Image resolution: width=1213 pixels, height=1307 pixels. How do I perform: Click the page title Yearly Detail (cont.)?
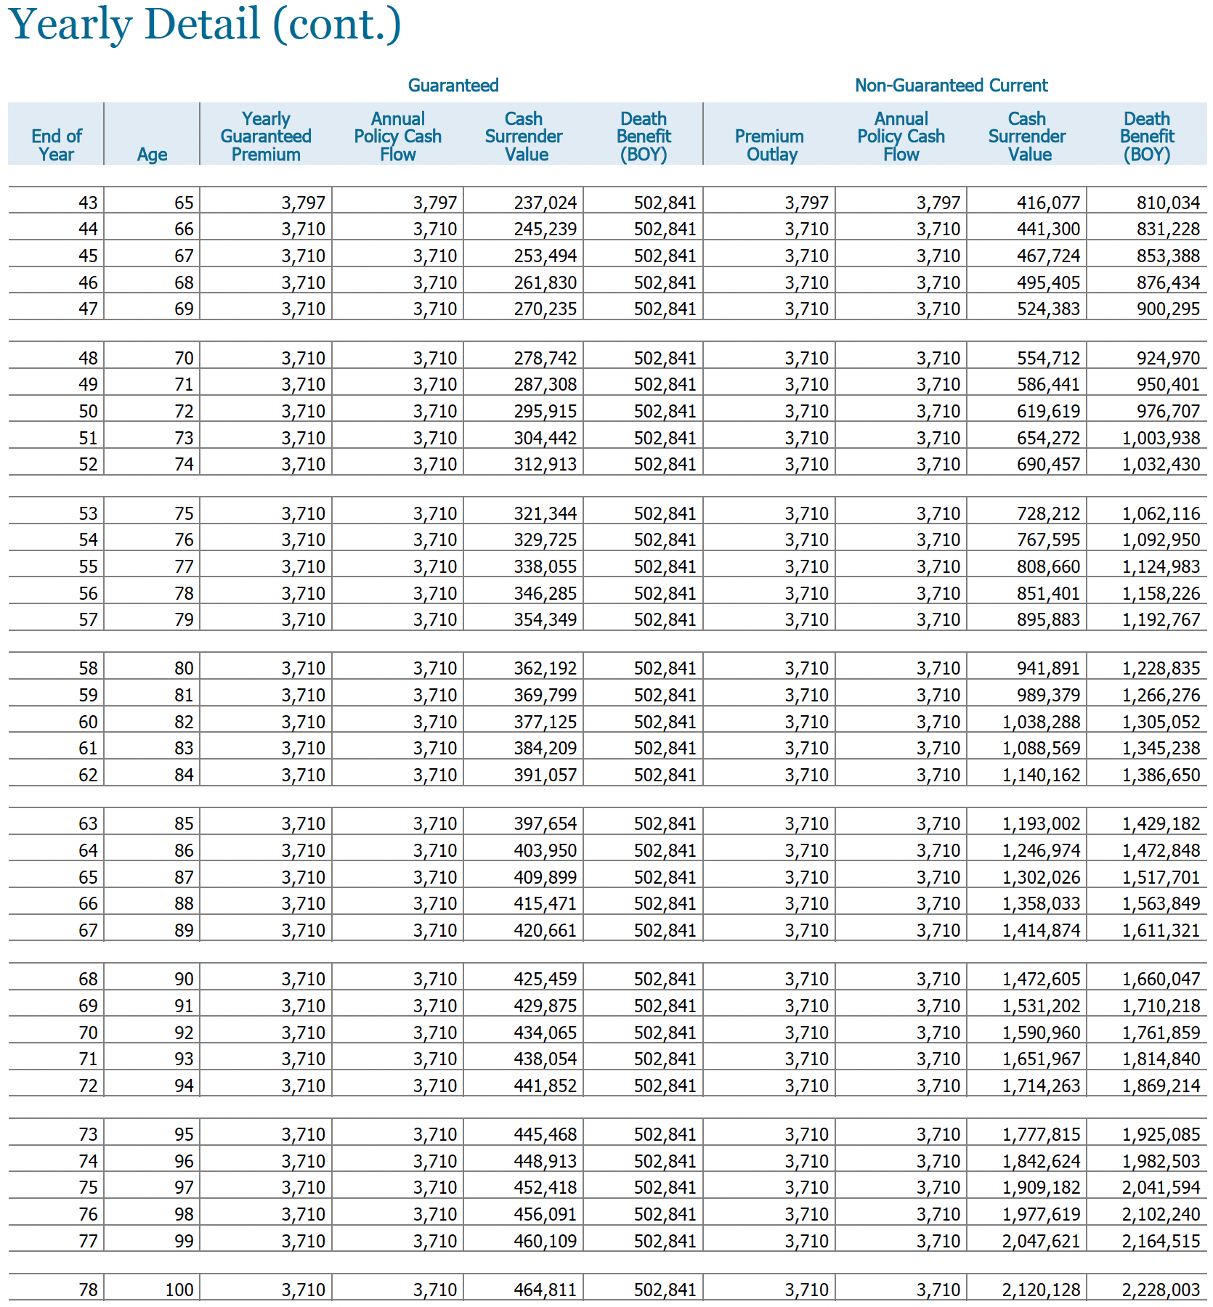(205, 25)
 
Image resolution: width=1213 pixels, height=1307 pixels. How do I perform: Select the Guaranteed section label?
(453, 86)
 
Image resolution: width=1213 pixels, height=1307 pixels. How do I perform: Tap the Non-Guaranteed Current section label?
(951, 86)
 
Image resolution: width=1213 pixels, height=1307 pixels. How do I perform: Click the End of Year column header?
(57, 145)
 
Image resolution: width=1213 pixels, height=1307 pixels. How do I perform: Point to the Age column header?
(152, 154)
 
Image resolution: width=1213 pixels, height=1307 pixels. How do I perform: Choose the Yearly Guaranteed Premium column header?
(266, 137)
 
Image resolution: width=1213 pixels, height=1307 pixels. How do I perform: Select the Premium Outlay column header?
(769, 145)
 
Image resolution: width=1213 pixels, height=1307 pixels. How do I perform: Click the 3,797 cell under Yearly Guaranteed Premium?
(303, 203)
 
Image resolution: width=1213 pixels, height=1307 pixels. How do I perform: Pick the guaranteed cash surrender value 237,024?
(545, 203)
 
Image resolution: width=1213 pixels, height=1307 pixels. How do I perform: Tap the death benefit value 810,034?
(1168, 203)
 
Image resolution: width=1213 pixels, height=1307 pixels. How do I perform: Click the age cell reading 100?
(179, 1290)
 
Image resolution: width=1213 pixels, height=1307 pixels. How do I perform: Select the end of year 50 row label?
(88, 411)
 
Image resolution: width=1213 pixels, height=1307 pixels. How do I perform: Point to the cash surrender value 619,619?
(1048, 411)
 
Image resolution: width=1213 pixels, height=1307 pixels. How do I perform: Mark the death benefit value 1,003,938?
(1161, 438)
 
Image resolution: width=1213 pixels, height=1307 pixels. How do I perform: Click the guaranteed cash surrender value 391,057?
(545, 775)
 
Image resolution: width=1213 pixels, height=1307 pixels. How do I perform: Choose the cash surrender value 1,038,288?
(1041, 722)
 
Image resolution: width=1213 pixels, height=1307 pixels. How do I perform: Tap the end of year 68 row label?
(88, 979)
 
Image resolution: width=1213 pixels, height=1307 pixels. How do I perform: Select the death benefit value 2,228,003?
(1161, 1290)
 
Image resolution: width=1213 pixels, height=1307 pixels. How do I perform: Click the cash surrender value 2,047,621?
(1041, 1241)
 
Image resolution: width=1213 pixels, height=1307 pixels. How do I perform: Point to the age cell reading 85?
(184, 823)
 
